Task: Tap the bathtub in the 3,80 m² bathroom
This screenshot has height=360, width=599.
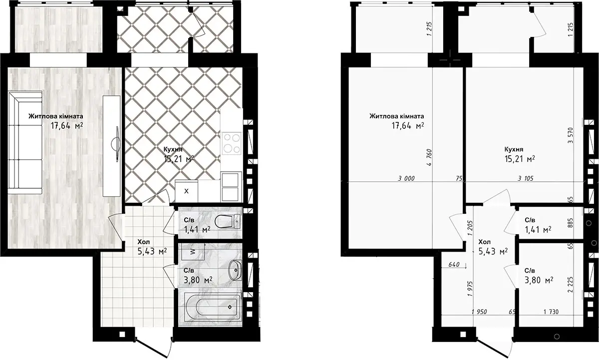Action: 213,307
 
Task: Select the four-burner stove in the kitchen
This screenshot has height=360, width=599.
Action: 232,143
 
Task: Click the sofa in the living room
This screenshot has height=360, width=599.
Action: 25,143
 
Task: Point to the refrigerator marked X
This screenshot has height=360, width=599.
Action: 186,191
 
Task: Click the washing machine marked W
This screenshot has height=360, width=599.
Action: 193,252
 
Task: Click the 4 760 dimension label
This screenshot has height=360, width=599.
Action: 429,158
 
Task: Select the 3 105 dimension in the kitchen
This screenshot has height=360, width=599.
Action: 526,178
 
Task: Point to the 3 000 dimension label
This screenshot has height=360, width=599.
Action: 406,178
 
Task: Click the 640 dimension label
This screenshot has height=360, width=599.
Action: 454,265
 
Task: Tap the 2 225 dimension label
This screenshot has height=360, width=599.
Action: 571,285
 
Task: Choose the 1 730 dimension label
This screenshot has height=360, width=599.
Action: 551,312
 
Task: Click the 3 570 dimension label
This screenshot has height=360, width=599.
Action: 571,135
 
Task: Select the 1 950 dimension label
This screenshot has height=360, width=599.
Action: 479,312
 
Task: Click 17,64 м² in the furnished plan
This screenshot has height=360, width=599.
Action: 67,125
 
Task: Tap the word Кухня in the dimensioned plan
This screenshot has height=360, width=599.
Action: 514,149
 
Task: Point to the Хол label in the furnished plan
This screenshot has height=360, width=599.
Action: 144,242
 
